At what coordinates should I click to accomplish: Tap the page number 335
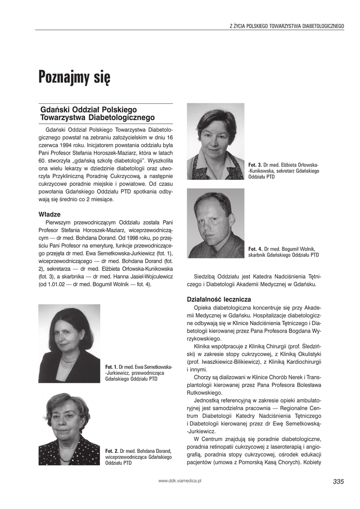pyautogui.click(x=338, y=481)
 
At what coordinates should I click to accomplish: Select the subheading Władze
pyautogui.click(x=49, y=214)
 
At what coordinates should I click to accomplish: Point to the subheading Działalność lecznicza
pyautogui.click(x=219, y=299)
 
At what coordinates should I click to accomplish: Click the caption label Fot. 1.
pyautogui.click(x=111, y=366)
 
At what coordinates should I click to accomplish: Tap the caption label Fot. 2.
pyautogui.click(x=111, y=450)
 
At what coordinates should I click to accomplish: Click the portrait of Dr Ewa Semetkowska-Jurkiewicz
pyautogui.click(x=69, y=343)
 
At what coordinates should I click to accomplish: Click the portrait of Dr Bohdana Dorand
pyautogui.click(x=69, y=428)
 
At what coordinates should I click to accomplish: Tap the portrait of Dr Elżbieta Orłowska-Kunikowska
pyautogui.click(x=215, y=141)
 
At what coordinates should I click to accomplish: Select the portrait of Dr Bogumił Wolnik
pyautogui.click(x=215, y=223)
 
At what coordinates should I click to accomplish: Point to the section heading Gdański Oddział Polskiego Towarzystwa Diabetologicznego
pyautogui.click(x=97, y=113)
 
